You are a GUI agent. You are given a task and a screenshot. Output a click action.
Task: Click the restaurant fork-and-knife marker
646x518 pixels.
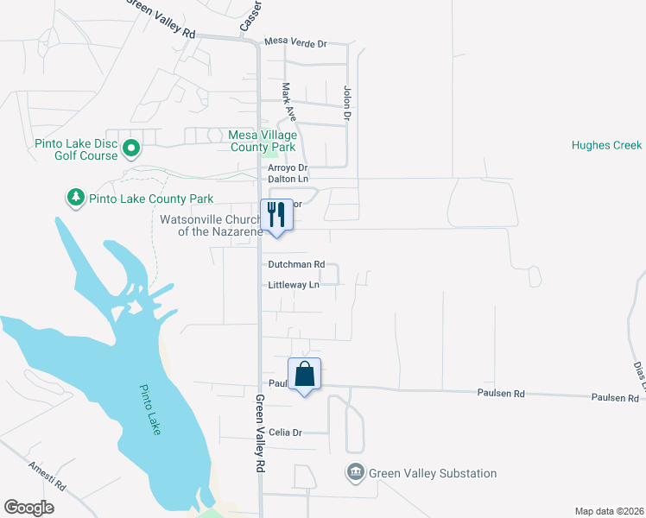(276, 213)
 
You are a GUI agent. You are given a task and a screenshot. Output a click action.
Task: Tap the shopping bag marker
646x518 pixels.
(304, 374)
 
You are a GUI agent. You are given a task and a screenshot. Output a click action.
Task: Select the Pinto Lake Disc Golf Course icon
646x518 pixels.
(131, 148)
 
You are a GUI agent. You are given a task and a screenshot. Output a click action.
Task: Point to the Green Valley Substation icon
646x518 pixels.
(355, 473)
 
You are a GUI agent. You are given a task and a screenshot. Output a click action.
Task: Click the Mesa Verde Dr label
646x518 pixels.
(296, 42)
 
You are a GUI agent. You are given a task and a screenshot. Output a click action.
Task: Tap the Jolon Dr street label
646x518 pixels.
(348, 102)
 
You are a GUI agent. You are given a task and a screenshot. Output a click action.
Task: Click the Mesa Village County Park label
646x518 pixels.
(263, 141)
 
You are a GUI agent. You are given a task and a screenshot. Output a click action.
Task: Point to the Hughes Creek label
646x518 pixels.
(606, 146)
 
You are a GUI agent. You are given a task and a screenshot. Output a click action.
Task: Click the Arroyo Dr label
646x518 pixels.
(288, 167)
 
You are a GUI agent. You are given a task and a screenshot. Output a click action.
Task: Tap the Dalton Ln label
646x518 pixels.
(288, 179)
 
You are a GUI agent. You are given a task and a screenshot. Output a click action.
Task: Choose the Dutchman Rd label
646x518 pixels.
(295, 265)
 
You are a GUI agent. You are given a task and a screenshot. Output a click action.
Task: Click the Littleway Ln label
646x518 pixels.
(294, 285)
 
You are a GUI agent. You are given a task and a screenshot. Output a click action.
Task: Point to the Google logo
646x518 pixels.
(28, 508)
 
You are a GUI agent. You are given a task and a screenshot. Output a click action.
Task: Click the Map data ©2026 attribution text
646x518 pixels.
(608, 510)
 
